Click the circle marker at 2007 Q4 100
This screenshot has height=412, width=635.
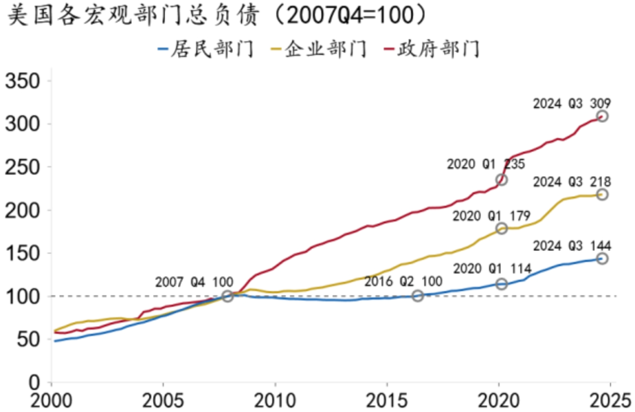point(228,296)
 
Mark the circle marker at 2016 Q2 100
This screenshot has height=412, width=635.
point(417,296)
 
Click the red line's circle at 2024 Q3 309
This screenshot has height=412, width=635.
point(602,116)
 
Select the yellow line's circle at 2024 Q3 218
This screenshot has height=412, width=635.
point(602,194)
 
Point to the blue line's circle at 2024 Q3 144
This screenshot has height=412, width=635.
point(602,259)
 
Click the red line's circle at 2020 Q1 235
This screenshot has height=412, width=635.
point(501,180)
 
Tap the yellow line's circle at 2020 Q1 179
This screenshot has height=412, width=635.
point(501,228)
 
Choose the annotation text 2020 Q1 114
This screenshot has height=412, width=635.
point(492,269)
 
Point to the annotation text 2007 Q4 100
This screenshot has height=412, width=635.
point(194,282)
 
